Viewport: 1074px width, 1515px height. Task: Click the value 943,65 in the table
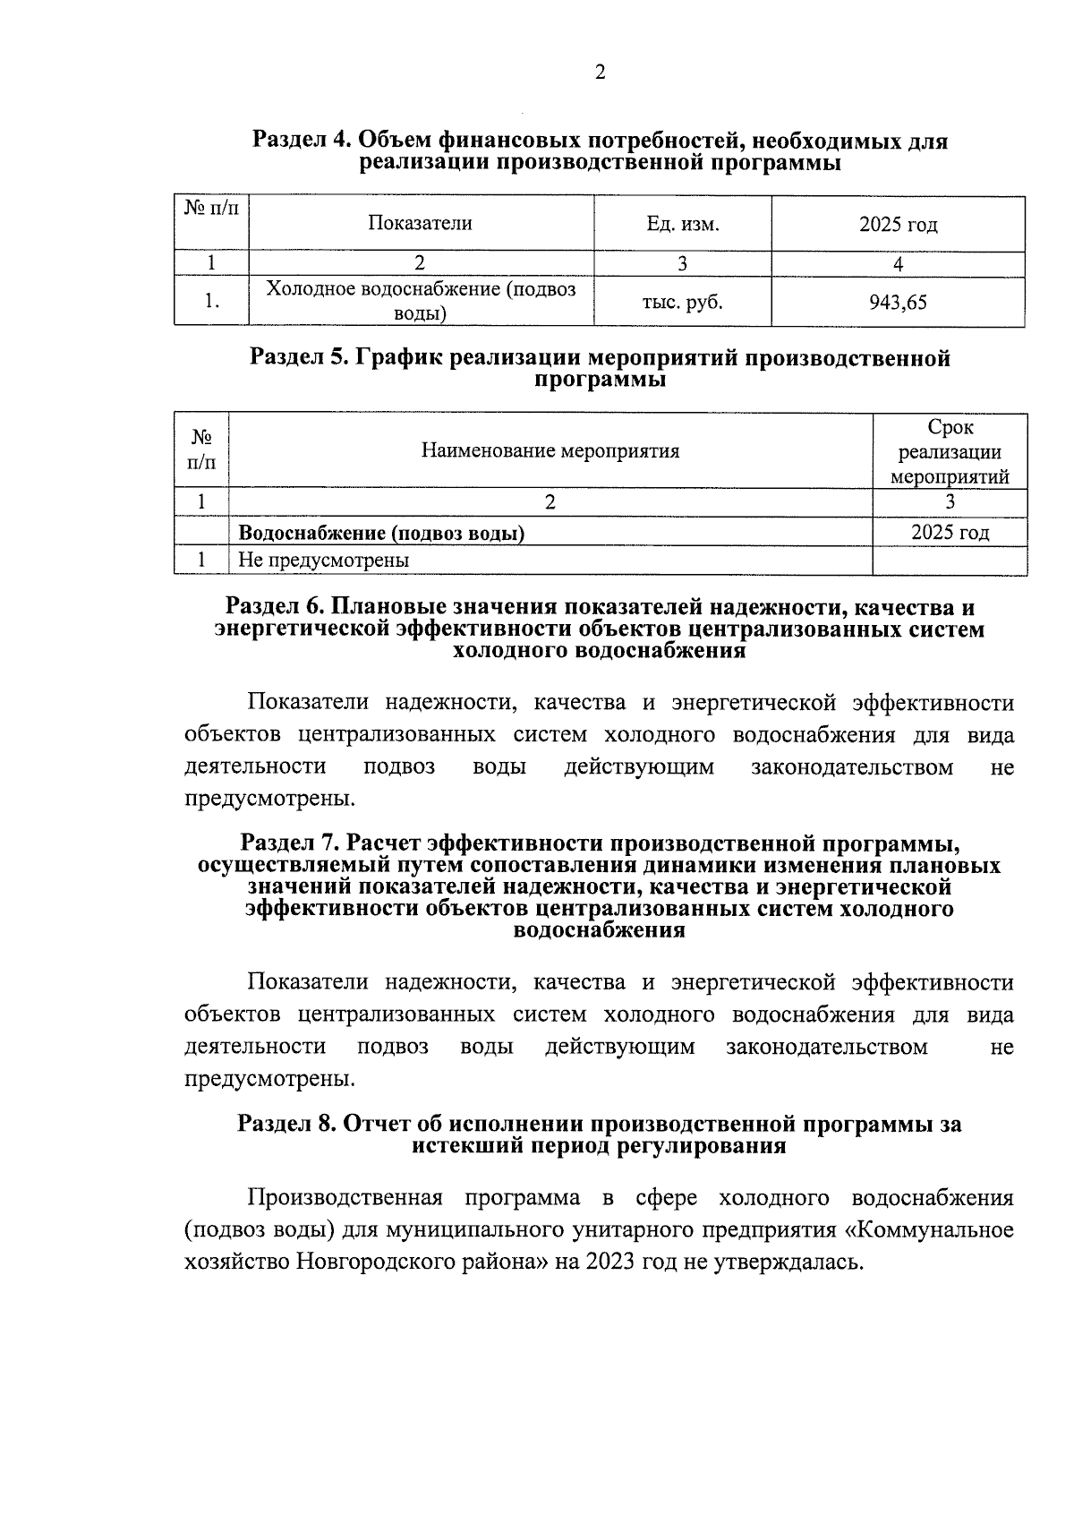click(898, 303)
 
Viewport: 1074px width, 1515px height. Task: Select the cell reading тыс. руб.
click(682, 303)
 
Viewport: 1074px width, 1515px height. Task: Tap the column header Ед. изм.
click(682, 224)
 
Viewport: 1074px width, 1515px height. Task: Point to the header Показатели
click(420, 224)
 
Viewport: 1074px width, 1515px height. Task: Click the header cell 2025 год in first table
click(898, 224)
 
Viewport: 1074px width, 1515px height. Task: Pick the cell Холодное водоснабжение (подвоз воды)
click(421, 302)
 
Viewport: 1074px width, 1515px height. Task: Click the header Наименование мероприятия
click(550, 450)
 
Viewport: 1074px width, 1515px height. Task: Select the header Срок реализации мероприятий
click(950, 451)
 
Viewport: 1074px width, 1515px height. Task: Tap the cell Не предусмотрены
click(323, 561)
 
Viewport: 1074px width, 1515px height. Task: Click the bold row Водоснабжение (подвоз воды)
click(380, 534)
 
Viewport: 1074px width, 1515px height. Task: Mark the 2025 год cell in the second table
click(950, 533)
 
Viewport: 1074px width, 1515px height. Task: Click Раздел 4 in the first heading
click(302, 141)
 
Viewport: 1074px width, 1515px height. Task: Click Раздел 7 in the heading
click(291, 844)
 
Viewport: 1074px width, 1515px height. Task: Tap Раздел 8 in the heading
click(287, 1125)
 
